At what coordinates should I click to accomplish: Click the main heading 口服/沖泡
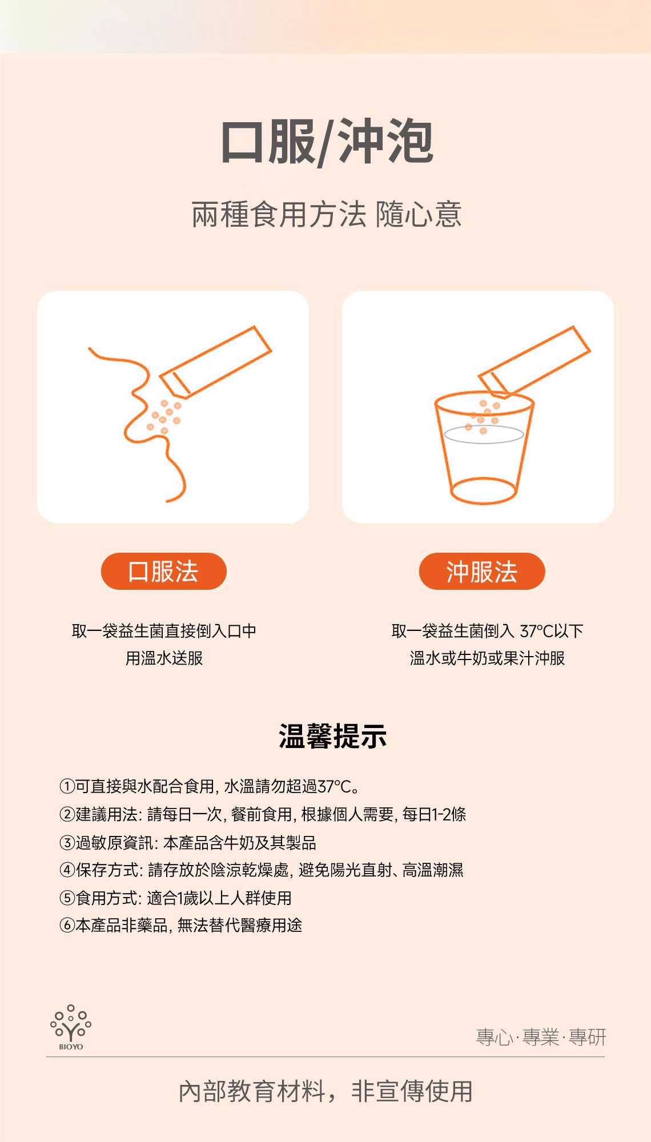(327, 143)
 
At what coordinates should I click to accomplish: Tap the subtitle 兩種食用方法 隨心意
(327, 215)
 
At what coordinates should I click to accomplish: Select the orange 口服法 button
(164, 571)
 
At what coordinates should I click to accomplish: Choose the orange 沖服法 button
(482, 571)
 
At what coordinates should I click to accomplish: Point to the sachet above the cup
(534, 361)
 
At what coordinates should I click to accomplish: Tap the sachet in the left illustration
(215, 361)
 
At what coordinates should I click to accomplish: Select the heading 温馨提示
(332, 736)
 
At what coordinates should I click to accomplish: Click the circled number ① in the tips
(67, 786)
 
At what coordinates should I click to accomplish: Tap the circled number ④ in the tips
(67, 870)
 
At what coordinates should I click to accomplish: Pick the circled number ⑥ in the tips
(67, 925)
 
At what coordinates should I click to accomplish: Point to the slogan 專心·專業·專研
(541, 1037)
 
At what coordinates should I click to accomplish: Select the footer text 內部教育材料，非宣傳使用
(325, 1091)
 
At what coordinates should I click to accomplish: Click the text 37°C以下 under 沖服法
(552, 631)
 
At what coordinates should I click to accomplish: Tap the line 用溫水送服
(164, 658)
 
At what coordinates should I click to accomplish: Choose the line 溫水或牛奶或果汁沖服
(487, 658)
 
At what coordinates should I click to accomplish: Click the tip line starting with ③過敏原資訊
(188, 842)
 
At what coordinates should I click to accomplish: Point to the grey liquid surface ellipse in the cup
(484, 434)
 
